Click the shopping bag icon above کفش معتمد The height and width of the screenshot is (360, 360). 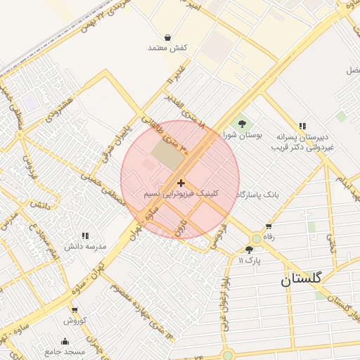point(167,37)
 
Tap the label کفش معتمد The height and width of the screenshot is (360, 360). point(167,48)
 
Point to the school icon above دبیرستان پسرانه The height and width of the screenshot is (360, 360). point(302,126)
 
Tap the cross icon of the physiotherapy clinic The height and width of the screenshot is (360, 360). point(181,183)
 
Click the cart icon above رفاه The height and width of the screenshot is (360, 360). point(269,226)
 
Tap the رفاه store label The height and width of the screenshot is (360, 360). point(269,238)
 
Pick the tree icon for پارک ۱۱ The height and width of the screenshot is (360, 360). point(249,250)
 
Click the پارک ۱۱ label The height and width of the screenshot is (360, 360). point(249,260)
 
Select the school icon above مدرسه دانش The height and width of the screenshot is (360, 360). point(85,236)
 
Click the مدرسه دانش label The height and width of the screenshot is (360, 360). point(85,247)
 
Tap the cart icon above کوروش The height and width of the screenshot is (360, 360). point(75,310)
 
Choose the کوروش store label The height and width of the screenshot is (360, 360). point(75,321)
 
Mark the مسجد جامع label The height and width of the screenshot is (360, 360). point(65,352)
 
